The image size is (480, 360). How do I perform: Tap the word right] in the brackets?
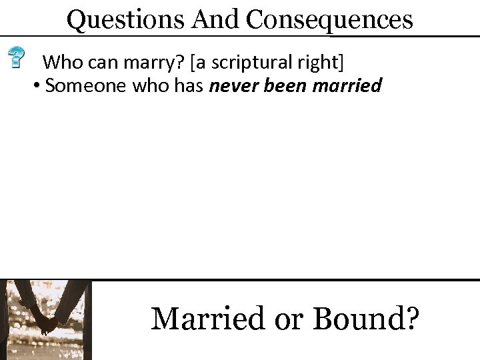pos(322,63)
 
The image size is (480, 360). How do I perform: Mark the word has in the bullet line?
pos(189,87)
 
